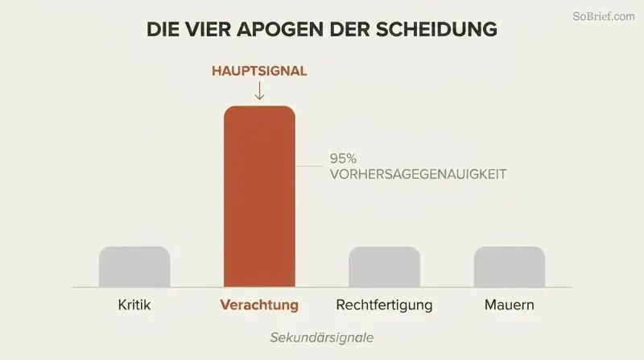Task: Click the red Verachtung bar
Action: [259, 197]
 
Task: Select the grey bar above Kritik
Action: [134, 267]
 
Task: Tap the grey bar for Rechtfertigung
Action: [385, 267]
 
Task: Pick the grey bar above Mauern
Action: [510, 267]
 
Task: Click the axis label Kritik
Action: [134, 305]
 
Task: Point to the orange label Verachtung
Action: [259, 305]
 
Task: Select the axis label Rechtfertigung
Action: [385, 305]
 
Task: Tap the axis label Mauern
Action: [510, 305]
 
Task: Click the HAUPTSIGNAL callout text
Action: [259, 71]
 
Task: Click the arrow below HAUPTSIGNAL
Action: [259, 90]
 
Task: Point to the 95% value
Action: [343, 158]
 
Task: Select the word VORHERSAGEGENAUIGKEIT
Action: [418, 174]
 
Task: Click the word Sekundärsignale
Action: [322, 337]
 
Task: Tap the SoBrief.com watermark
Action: [604, 16]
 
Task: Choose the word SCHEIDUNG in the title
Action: [436, 29]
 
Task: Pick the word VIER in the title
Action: [207, 29]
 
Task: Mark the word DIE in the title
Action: [162, 29]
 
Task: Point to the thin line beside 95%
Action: [310, 166]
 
